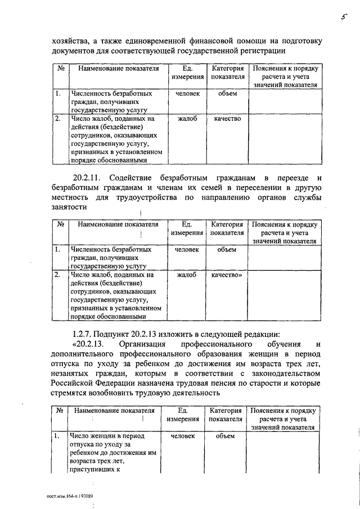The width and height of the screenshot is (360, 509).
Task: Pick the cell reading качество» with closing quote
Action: [x=227, y=276]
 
